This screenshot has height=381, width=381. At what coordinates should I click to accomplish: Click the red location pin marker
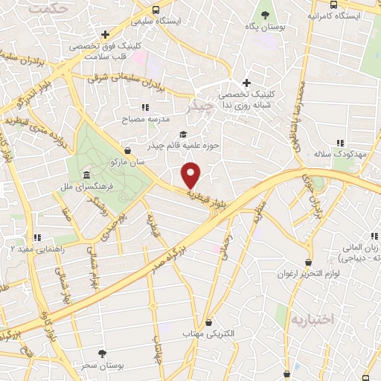(x=192, y=174)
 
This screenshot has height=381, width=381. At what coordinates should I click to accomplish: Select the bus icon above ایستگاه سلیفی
(x=156, y=10)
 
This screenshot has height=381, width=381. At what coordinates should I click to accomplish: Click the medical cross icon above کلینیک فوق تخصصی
(x=106, y=34)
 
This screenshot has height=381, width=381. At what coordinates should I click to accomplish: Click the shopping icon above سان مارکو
(x=128, y=150)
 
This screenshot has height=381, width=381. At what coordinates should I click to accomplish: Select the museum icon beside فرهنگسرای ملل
(x=88, y=176)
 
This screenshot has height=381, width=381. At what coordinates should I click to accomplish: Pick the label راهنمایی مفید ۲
(x=39, y=250)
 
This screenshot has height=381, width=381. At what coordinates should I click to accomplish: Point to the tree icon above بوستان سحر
(x=102, y=353)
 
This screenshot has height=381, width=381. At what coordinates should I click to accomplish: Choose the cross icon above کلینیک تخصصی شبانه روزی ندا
(x=247, y=83)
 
